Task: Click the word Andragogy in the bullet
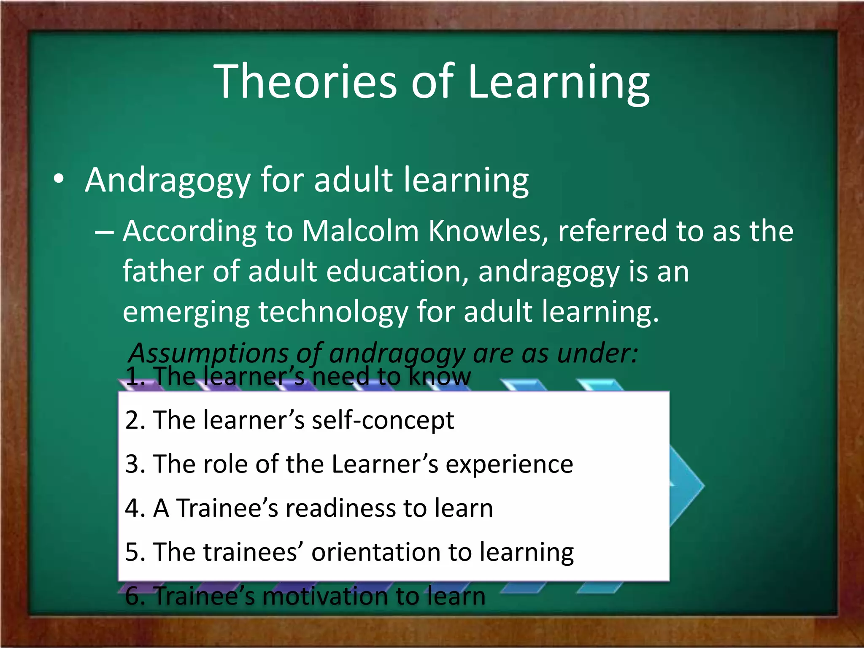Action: click(168, 181)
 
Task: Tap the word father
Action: click(164, 271)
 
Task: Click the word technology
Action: click(333, 312)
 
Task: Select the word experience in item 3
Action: click(509, 464)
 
